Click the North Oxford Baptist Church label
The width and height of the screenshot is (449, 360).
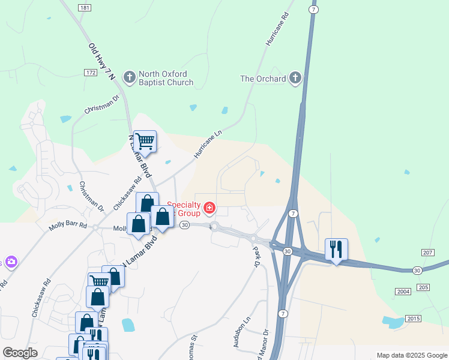166,79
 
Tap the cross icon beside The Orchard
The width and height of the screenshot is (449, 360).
295,78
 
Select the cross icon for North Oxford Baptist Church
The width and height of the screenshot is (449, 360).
129,77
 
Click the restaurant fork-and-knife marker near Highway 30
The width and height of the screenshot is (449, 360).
336,249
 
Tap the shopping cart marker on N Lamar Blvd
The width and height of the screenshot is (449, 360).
145,142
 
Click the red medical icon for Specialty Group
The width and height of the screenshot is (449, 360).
209,209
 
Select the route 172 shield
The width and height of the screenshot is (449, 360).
91,72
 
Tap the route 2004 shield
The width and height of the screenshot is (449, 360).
403,291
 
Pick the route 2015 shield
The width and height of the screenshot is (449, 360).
413,317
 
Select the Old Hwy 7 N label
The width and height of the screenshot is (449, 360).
100,62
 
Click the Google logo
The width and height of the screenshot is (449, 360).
20,353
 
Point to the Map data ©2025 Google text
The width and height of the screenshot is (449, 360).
411,355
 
